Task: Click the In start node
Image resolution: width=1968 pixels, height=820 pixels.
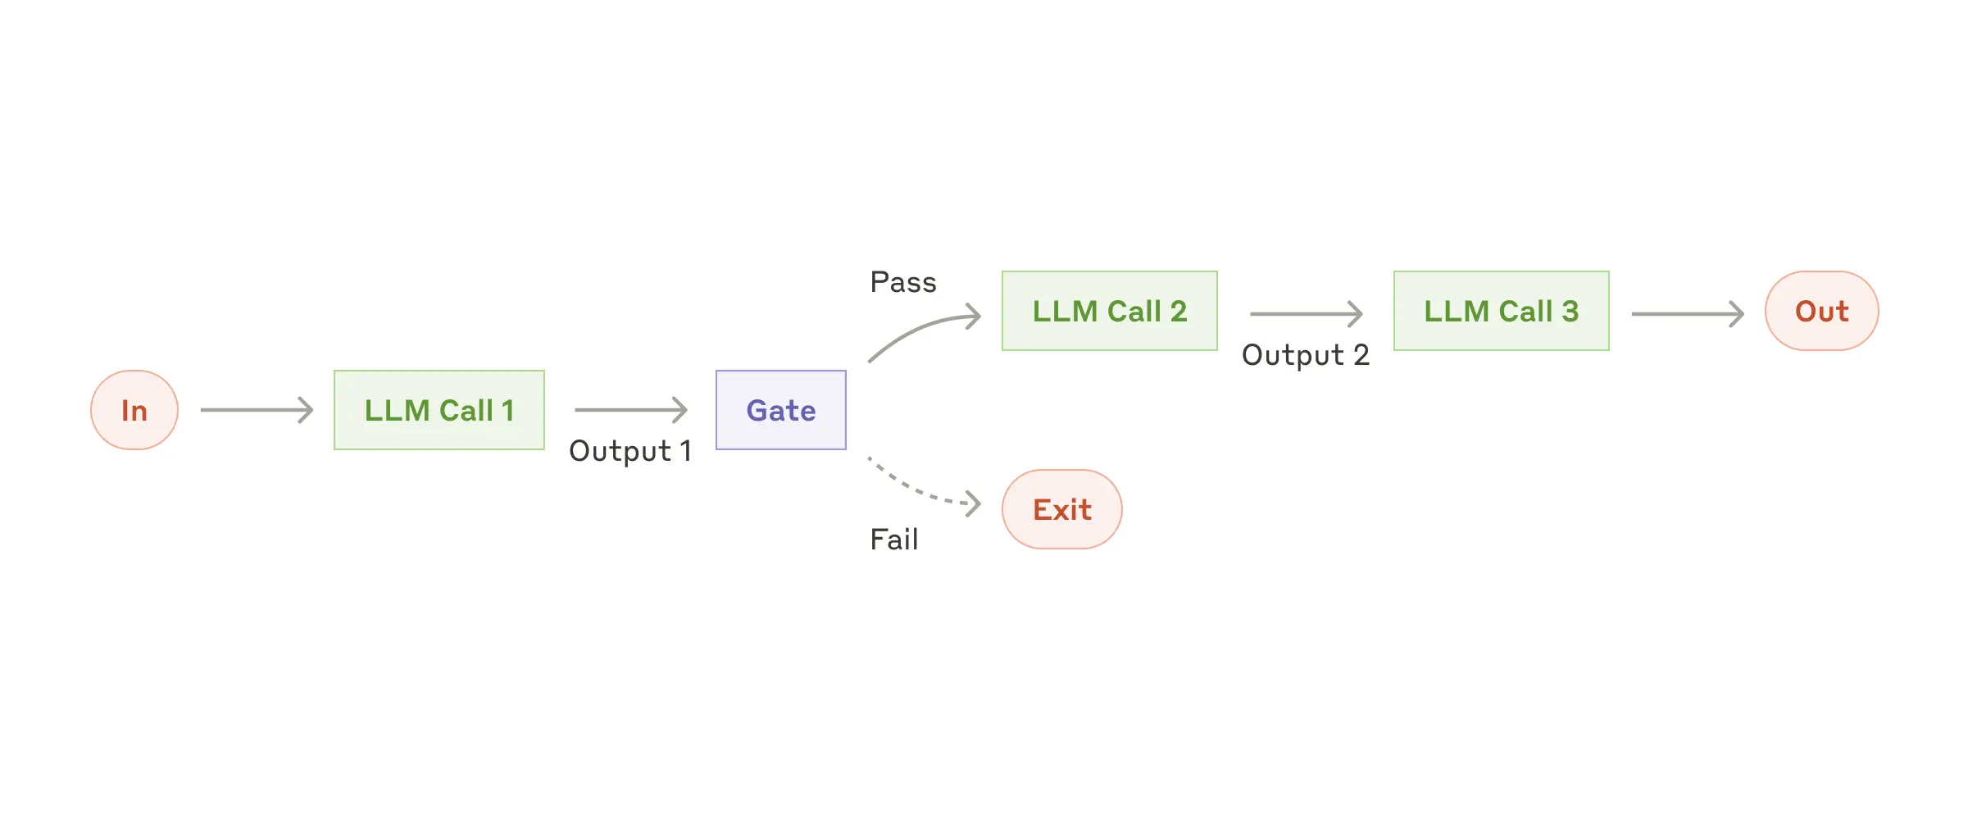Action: (x=134, y=410)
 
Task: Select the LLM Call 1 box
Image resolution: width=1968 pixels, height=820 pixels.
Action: (x=439, y=410)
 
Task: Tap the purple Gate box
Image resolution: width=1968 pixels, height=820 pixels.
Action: (x=780, y=410)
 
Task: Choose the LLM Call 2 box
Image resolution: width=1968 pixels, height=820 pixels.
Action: (x=1109, y=311)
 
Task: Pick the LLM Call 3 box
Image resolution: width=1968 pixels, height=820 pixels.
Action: (x=1501, y=311)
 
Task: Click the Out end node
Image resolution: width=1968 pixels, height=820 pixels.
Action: (x=1821, y=311)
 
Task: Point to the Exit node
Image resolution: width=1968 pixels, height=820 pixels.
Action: (x=1061, y=509)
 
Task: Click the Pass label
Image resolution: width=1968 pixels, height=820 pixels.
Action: (x=902, y=282)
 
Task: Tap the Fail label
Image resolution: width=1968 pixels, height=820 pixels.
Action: (x=893, y=540)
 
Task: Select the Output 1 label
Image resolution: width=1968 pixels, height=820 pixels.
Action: (x=629, y=451)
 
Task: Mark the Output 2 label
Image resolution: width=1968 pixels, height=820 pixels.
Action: (x=1305, y=355)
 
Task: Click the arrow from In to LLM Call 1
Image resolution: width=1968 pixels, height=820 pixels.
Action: (x=257, y=410)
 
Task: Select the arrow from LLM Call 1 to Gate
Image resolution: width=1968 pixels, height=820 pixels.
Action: (x=630, y=410)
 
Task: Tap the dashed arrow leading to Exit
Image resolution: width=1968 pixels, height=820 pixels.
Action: (x=922, y=490)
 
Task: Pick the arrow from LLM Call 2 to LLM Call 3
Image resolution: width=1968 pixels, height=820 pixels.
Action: (x=1305, y=313)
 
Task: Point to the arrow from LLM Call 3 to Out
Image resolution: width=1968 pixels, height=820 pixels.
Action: (x=1687, y=313)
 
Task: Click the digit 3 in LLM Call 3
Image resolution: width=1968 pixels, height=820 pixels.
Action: (x=1570, y=312)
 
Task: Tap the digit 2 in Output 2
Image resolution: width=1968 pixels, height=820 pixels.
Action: (x=1361, y=355)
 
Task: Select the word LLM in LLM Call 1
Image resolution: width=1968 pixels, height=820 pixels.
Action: (x=397, y=411)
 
